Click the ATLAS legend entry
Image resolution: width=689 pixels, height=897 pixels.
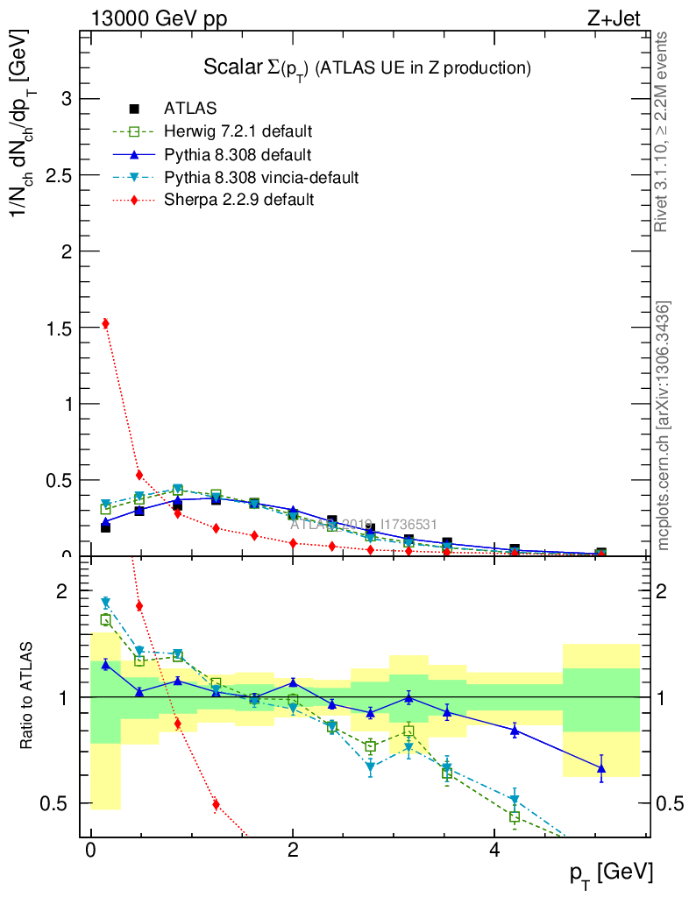click(x=190, y=109)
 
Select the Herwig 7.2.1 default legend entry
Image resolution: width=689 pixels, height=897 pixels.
click(x=238, y=132)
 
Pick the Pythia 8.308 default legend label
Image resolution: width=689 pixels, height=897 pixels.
click(x=238, y=155)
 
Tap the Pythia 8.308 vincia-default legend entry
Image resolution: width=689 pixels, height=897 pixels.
click(x=261, y=178)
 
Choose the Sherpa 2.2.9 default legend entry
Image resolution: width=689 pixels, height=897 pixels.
click(x=238, y=201)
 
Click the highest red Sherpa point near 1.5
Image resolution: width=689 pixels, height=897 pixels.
click(x=105, y=323)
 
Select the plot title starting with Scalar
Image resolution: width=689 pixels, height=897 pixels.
click(x=367, y=67)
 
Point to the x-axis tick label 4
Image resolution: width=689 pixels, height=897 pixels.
click(x=494, y=851)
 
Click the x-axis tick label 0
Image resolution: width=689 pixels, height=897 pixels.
click(x=90, y=851)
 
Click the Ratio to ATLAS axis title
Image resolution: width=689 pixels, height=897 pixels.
click(x=27, y=697)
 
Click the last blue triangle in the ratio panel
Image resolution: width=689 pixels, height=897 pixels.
click(x=600, y=769)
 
